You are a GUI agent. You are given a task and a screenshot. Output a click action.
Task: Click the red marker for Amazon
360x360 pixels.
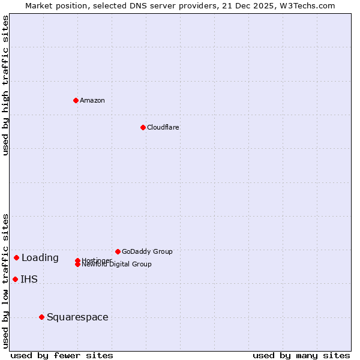[x=76, y=100]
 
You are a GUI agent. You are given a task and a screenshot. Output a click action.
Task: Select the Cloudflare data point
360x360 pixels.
[x=143, y=127]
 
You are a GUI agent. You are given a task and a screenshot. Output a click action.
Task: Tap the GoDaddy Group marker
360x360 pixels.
[x=118, y=251]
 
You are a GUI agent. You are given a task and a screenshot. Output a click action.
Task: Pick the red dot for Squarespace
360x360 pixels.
[x=41, y=317]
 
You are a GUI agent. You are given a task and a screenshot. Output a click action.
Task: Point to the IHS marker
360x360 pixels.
[x=15, y=279]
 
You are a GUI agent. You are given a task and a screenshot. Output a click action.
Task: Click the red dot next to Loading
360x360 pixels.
[x=16, y=257]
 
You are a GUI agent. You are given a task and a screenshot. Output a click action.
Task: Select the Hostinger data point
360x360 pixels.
[x=77, y=260]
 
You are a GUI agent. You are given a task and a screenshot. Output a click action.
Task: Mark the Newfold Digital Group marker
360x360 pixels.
[x=77, y=264]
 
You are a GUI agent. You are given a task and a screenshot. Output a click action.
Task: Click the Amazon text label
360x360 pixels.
[x=92, y=100]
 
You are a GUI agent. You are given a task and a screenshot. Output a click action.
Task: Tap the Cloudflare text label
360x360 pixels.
[x=163, y=127]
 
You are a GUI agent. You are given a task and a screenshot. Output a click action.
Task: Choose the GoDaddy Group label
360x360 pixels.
[x=147, y=251]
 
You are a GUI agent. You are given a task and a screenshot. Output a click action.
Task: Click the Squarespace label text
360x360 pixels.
[x=77, y=317]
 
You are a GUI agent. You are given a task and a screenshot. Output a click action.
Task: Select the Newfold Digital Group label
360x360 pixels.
[x=116, y=265]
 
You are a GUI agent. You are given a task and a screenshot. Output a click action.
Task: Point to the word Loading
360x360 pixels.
[x=40, y=258]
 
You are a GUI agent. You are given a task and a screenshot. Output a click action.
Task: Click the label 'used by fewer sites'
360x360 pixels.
[x=62, y=355]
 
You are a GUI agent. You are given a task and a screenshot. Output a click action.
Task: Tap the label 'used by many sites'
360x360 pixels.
[x=301, y=355]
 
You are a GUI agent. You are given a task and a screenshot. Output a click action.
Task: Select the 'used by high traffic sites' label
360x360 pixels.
[x=5, y=85]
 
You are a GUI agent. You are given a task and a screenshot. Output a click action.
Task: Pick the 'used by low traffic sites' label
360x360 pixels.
[x=5, y=280]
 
